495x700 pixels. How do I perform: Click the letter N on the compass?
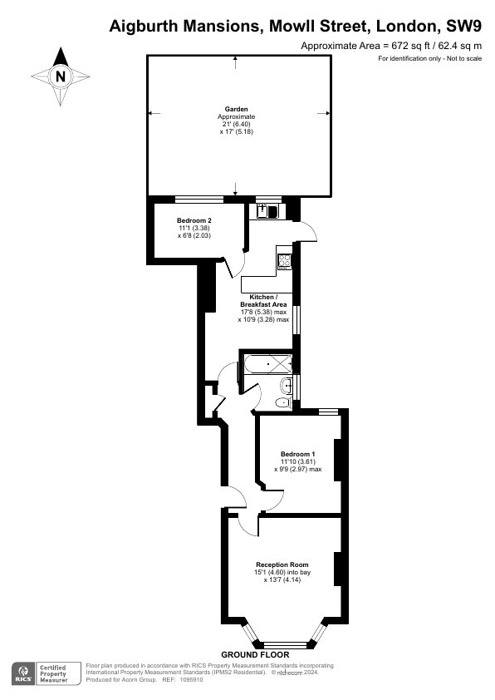click(x=61, y=76)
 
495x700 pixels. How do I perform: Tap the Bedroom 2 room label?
click(x=194, y=220)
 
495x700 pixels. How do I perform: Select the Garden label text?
click(x=237, y=109)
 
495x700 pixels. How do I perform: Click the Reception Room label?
click(x=282, y=564)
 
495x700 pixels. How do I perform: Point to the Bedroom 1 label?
click(x=298, y=454)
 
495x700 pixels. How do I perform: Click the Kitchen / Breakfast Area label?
click(x=262, y=301)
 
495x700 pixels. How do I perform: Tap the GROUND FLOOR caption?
click(x=255, y=655)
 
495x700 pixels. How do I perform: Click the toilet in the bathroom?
click(x=283, y=402)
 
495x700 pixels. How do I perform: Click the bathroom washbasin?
click(x=287, y=384)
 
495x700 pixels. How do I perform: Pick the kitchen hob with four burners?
click(x=284, y=259)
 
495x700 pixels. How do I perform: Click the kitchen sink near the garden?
click(x=267, y=210)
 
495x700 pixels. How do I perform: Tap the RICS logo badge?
click(x=22, y=673)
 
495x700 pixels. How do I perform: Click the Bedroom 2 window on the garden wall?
click(x=199, y=200)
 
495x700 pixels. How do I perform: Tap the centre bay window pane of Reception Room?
click(x=286, y=644)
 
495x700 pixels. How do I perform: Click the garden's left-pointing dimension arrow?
click(x=154, y=114)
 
